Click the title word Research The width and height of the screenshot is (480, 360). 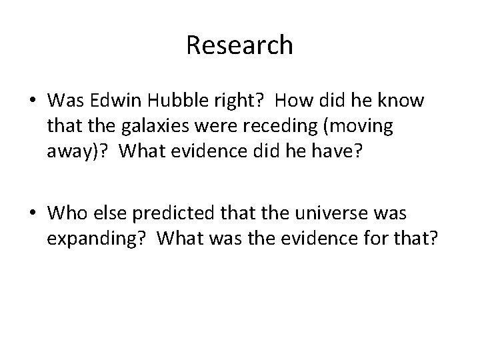pyautogui.click(x=239, y=45)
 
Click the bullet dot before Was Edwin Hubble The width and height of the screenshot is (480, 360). pyautogui.click(x=32, y=101)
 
